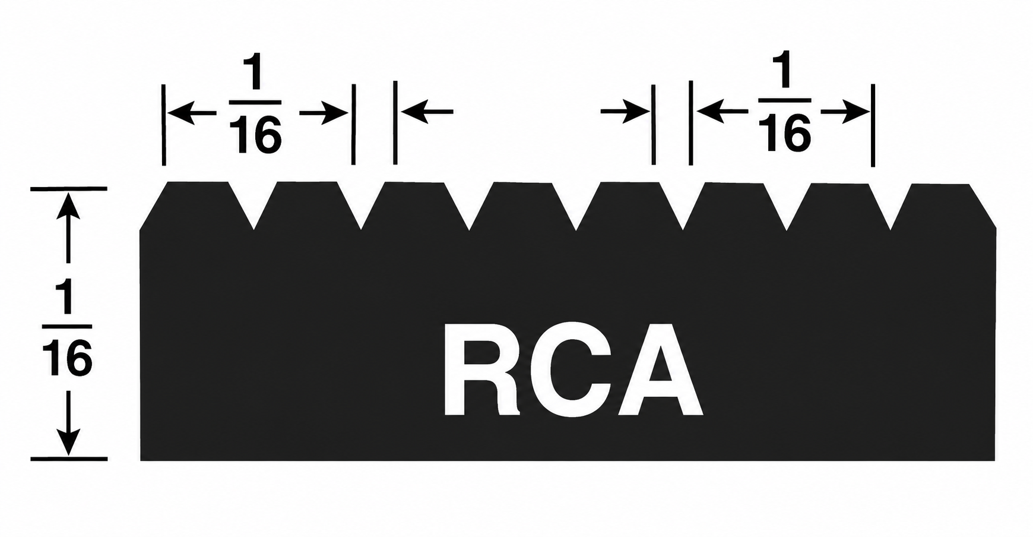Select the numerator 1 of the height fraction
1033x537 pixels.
pos(66,298)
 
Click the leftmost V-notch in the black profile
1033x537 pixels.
pos(254,204)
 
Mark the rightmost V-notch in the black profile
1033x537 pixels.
pos(891,206)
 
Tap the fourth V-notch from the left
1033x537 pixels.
pos(576,205)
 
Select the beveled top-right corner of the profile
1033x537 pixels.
pos(983,206)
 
